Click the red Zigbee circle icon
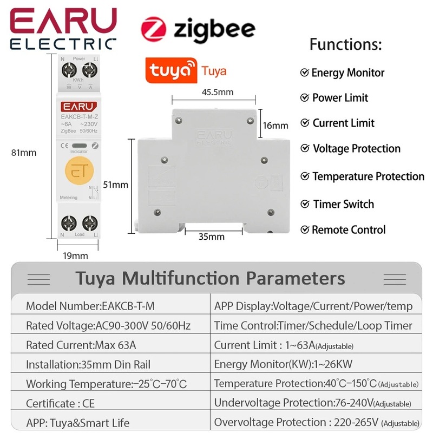154,29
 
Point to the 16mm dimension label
275,126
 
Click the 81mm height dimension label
24,153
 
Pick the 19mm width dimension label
76,255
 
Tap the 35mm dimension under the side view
211,237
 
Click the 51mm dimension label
116,185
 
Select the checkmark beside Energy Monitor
305,73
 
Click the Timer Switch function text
343,204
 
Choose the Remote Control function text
349,229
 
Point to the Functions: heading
345,44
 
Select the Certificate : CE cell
60,403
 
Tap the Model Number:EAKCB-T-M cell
90,306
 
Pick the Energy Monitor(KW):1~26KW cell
284,364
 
